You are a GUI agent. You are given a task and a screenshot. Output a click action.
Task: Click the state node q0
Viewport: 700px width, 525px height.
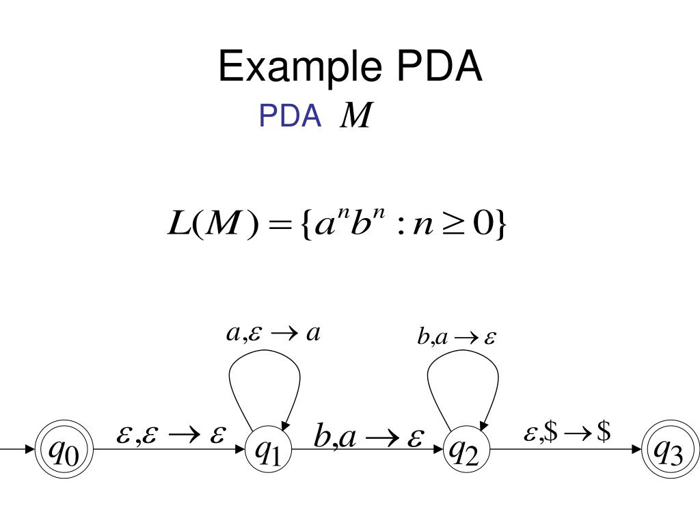click(64, 450)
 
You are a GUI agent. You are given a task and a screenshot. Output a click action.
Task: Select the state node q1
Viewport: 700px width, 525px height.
click(269, 450)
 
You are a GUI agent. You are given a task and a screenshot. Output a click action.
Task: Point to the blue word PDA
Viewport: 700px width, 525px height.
click(290, 118)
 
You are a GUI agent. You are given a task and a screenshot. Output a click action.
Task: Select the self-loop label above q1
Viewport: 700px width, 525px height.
click(273, 334)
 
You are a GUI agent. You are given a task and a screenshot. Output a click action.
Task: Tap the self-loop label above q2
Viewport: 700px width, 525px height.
click(457, 337)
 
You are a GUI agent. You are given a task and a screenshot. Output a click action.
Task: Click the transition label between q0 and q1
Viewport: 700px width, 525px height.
click(171, 435)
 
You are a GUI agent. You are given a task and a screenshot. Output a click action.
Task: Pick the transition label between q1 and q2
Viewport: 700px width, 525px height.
click(369, 437)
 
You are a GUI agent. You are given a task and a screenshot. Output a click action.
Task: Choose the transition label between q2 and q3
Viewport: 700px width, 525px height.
click(567, 433)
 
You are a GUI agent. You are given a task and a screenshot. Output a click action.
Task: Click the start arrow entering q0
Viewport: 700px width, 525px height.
click(17, 450)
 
